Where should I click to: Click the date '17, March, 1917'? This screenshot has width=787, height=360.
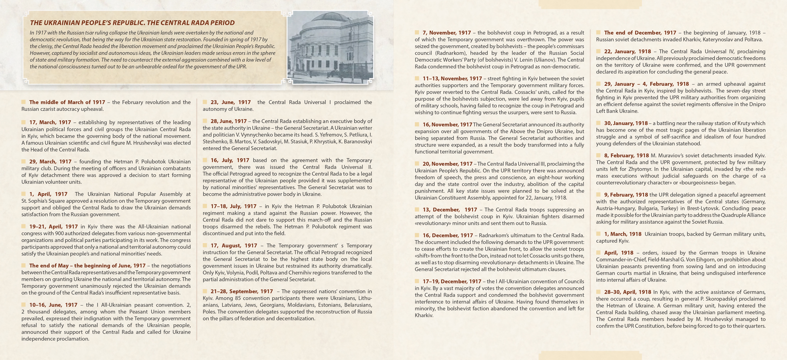click(x=50, y=122)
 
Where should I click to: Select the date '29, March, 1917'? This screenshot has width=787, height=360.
click(x=50, y=162)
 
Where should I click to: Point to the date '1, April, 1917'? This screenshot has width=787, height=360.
click(x=48, y=194)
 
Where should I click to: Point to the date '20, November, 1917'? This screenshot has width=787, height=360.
click(x=447, y=164)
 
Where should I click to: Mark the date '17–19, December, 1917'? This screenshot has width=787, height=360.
click(x=452, y=281)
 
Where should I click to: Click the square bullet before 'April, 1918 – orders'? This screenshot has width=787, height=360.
click(x=598, y=253)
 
